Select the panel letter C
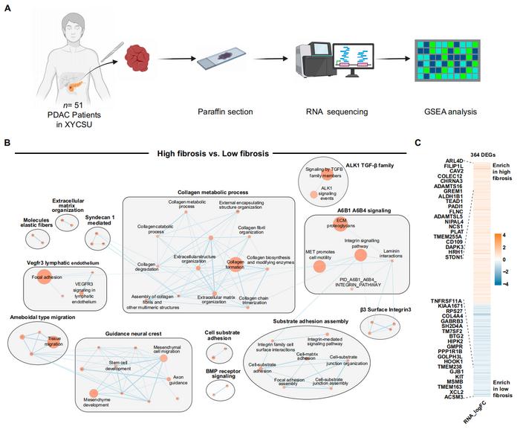[x=439, y=142]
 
